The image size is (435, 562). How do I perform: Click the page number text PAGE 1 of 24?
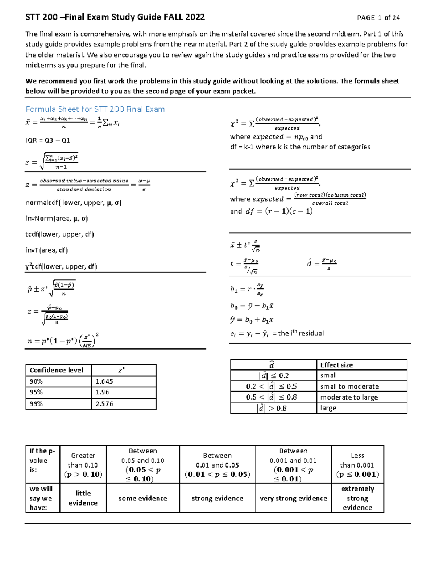[x=378, y=18]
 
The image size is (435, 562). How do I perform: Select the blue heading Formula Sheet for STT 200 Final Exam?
[x=95, y=109]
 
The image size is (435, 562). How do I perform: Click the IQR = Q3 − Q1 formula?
[x=47, y=140]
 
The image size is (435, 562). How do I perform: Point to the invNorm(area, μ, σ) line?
[x=57, y=219]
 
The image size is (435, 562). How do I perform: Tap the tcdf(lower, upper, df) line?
[x=59, y=234]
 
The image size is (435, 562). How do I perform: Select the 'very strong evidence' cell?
[x=293, y=498]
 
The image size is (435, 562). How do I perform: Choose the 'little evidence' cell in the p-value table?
[x=83, y=498]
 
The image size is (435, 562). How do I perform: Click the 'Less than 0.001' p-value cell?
[x=357, y=465]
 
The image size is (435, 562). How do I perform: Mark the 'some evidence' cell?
[x=143, y=498]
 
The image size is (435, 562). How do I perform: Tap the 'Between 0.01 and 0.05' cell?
[x=217, y=465]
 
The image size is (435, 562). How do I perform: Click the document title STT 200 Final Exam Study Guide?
[x=115, y=17]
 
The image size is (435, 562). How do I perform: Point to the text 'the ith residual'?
[x=301, y=333]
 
